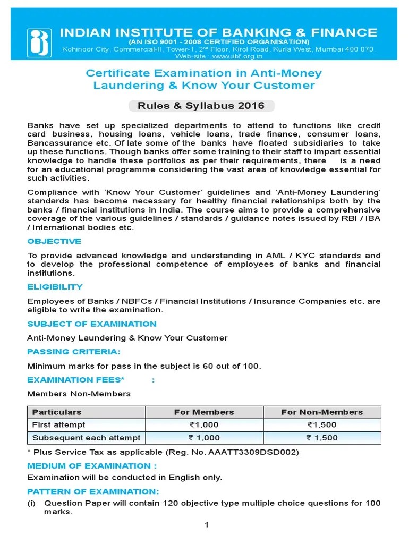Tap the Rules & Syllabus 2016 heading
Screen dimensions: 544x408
(x=201, y=105)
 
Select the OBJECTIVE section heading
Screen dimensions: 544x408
(x=54, y=241)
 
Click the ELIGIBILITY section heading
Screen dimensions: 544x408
(x=55, y=287)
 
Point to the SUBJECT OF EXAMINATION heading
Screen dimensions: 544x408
(x=92, y=324)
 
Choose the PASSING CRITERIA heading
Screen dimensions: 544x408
(x=74, y=352)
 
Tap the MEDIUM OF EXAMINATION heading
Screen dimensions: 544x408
(x=92, y=466)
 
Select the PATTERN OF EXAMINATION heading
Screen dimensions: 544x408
(x=93, y=491)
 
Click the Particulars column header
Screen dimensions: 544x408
(x=57, y=412)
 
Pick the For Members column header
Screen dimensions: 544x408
(x=204, y=412)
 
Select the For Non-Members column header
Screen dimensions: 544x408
(x=321, y=412)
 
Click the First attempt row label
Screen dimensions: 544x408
(x=58, y=425)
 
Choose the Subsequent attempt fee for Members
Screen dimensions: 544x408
(x=204, y=438)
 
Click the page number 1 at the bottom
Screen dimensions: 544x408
(x=207, y=525)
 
